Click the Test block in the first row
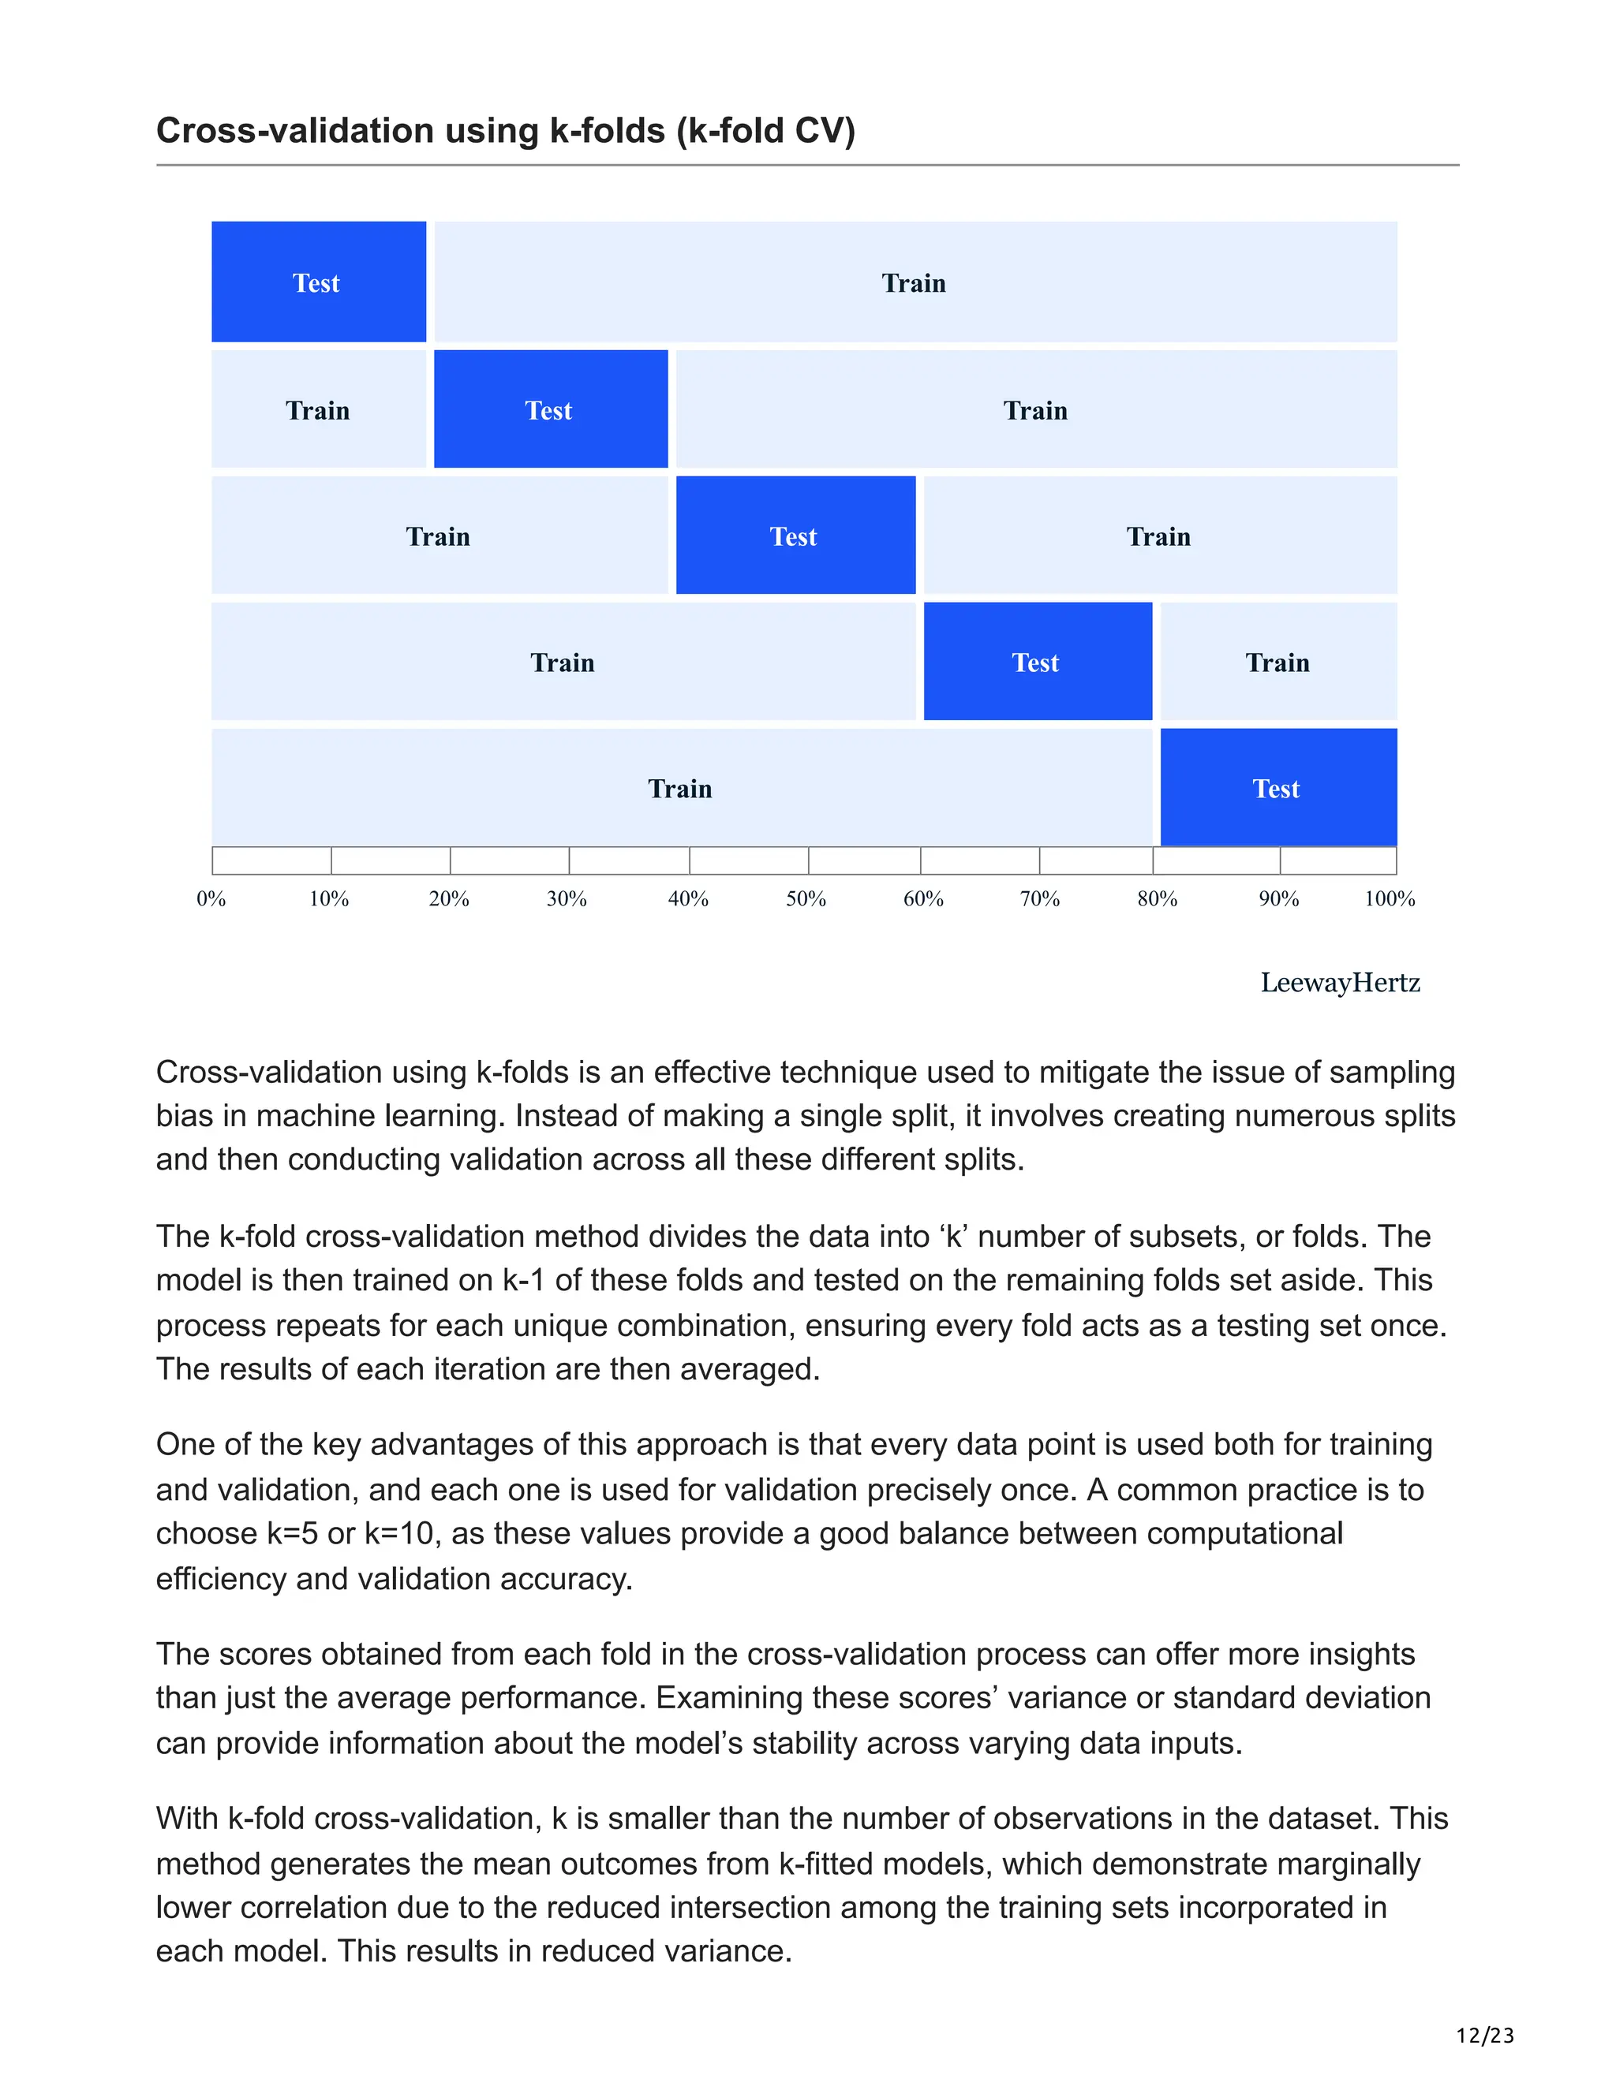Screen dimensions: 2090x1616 coord(318,282)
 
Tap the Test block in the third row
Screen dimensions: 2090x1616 coord(795,536)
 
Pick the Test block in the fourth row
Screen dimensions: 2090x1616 coord(1037,662)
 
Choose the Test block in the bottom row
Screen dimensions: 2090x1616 coord(1277,789)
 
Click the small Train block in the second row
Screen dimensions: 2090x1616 coord(318,409)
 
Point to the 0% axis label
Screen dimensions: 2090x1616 coord(211,898)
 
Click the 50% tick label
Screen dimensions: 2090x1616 coord(806,898)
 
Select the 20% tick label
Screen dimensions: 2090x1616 coord(449,898)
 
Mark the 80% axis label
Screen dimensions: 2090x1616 coord(1158,898)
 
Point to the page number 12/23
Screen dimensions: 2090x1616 coord(1485,2035)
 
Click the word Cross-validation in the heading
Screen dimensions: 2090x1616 coord(295,131)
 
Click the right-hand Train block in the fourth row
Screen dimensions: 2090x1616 coord(1278,662)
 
